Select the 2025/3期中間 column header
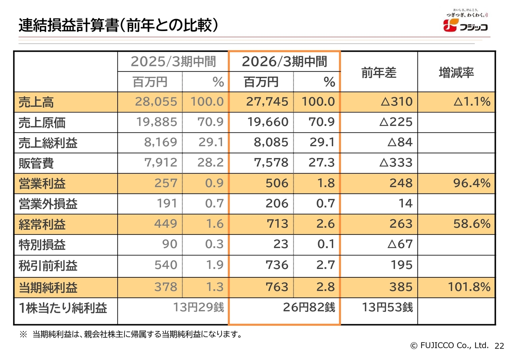click(173, 62)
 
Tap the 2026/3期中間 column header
click(284, 62)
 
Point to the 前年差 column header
click(379, 73)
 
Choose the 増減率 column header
click(456, 73)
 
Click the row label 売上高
click(36, 103)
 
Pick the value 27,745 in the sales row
click(267, 102)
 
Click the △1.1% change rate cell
click(472, 102)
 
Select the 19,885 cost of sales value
click(156, 122)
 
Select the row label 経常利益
click(42, 224)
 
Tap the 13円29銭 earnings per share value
click(198, 308)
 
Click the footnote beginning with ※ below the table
click(131, 335)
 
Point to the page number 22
click(499, 346)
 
